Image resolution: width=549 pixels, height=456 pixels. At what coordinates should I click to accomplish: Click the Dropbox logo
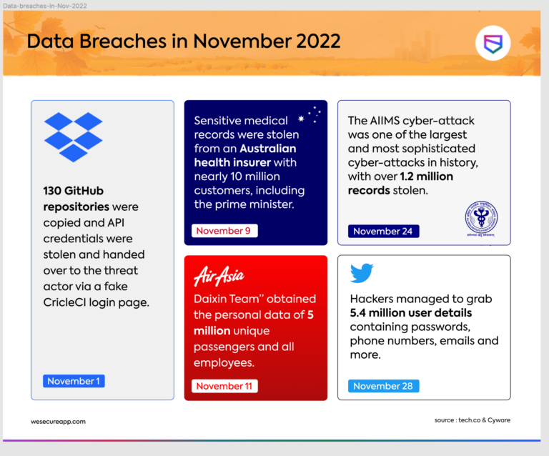(x=74, y=137)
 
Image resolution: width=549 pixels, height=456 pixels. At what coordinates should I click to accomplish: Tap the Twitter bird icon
(x=362, y=273)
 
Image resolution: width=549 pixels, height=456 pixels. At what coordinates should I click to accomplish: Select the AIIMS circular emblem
(x=480, y=217)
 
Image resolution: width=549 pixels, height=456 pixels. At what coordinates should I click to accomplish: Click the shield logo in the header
(x=493, y=45)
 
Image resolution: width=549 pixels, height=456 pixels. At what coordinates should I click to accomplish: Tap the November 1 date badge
(x=74, y=381)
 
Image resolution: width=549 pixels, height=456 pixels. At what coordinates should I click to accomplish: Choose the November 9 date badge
(x=224, y=231)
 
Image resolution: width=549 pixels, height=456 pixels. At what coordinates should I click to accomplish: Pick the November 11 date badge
(x=224, y=386)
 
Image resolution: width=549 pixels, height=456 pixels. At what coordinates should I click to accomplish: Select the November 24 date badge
(x=383, y=231)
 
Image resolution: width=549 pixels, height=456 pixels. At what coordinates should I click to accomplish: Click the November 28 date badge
(x=383, y=386)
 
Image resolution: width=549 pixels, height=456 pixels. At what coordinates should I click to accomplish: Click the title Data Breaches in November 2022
(x=183, y=41)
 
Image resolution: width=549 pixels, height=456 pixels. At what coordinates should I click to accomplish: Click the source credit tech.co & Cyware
(x=472, y=420)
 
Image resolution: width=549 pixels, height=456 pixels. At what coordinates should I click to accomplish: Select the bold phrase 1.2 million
(x=426, y=176)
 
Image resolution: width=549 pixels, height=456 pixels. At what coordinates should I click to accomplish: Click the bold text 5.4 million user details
(x=410, y=313)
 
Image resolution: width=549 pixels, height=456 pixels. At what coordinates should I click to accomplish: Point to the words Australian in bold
(x=267, y=149)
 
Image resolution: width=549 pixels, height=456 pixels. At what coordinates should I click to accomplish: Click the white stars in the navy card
(x=311, y=114)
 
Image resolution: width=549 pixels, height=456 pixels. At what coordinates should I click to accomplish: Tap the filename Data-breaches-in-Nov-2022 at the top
(x=45, y=5)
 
